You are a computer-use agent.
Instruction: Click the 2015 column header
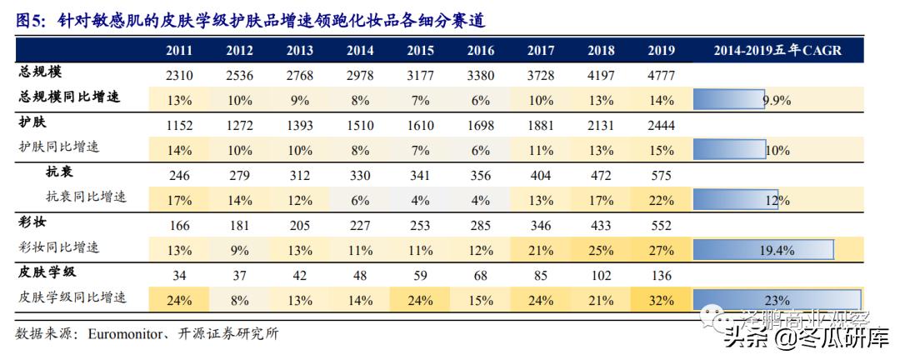[420, 50]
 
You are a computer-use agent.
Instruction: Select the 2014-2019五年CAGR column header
[777, 50]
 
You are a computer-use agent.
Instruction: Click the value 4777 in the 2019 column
[661, 77]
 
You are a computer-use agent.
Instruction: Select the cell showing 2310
[179, 77]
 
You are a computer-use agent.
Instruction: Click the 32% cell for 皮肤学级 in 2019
[661, 297]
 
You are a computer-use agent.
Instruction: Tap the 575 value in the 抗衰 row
[661, 176]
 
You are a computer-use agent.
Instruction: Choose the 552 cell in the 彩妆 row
[661, 226]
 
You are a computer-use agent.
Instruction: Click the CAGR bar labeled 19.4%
[763, 249]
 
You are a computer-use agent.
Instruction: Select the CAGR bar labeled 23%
[776, 298]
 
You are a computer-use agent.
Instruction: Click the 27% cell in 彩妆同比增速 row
[661, 248]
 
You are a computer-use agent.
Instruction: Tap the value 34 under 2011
[179, 276]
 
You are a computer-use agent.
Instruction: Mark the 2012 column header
[239, 50]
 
